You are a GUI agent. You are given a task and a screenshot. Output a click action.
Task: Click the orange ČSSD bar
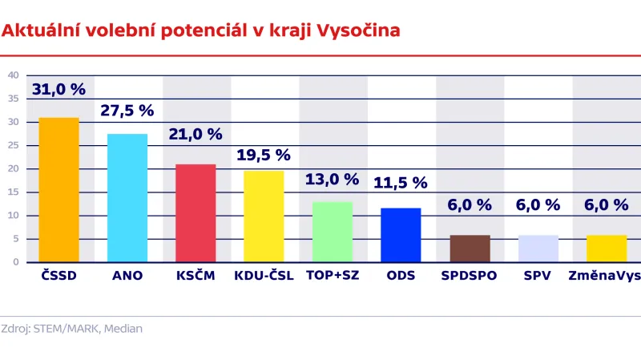pos(59,189)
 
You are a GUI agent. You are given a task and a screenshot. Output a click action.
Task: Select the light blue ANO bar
pos(127,197)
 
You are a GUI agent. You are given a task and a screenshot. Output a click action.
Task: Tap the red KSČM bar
pos(196,212)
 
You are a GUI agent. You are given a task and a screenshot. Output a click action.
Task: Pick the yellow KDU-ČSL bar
pos(264,216)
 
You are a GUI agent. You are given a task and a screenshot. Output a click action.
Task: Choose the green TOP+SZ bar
pos(333,231)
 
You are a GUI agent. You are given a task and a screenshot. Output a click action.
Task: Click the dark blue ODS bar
pos(401,234)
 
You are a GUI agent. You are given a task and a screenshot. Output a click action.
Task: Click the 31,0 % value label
pos(58,90)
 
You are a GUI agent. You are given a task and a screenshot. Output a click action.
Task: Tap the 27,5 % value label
pos(127,111)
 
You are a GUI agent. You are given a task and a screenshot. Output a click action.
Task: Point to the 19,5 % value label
pos(264,156)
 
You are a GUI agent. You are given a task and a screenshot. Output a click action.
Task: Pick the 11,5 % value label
pos(401,183)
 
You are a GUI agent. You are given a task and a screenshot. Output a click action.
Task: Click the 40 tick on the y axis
pos(13,75)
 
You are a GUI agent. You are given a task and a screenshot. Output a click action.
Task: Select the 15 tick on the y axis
pos(13,192)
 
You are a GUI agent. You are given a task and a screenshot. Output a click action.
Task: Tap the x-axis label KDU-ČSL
pos(264,276)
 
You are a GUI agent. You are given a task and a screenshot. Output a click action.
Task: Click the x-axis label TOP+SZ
pos(333,276)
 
